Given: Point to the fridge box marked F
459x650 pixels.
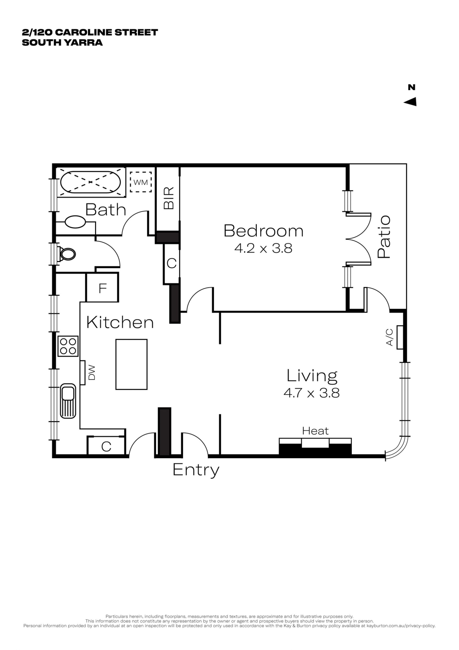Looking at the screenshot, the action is coord(102,287).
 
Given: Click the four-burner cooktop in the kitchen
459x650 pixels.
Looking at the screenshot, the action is coord(68,346).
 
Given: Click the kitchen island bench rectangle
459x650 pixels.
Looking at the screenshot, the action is coord(131,364).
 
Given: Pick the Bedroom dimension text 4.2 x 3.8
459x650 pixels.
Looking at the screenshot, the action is coord(263,248).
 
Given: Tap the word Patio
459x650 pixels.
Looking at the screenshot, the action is coord(384,237).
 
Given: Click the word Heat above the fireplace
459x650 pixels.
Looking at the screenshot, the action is coord(315,431).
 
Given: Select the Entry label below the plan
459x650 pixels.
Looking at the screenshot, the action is coord(196,470).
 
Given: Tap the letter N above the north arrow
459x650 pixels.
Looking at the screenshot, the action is coord(411,87).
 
